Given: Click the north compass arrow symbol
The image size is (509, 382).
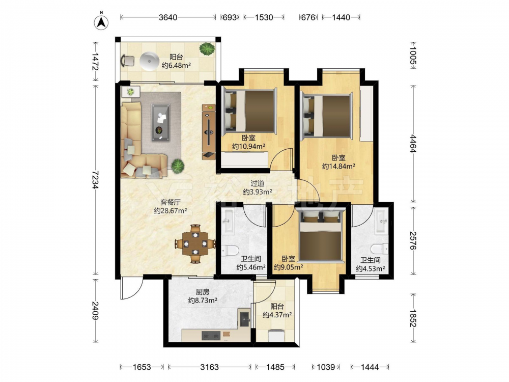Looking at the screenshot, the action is [101, 22].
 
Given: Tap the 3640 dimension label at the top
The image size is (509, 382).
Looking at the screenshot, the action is [168, 17].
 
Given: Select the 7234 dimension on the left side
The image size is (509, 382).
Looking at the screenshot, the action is [95, 180].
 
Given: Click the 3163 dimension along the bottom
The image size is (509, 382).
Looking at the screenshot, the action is [209, 367].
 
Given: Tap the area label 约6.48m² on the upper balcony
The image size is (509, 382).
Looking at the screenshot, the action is [176, 66].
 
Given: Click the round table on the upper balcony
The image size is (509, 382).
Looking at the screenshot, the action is [149, 61].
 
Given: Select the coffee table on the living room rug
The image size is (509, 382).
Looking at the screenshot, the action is [160, 122].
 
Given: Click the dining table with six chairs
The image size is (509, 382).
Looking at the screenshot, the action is [195, 243].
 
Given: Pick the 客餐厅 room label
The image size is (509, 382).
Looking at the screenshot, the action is [170, 202].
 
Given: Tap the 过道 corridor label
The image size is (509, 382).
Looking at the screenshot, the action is [257, 183].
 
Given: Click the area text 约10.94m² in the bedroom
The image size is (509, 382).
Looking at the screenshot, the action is [249, 147].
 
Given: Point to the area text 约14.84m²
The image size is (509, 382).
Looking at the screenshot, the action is [338, 167].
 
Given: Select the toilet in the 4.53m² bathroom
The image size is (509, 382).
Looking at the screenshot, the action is [380, 249].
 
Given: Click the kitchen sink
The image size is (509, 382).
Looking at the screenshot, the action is [244, 318].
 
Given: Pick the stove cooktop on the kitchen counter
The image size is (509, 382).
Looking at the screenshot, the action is [211, 336].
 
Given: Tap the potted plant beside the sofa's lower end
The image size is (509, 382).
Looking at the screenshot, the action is [178, 166].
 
